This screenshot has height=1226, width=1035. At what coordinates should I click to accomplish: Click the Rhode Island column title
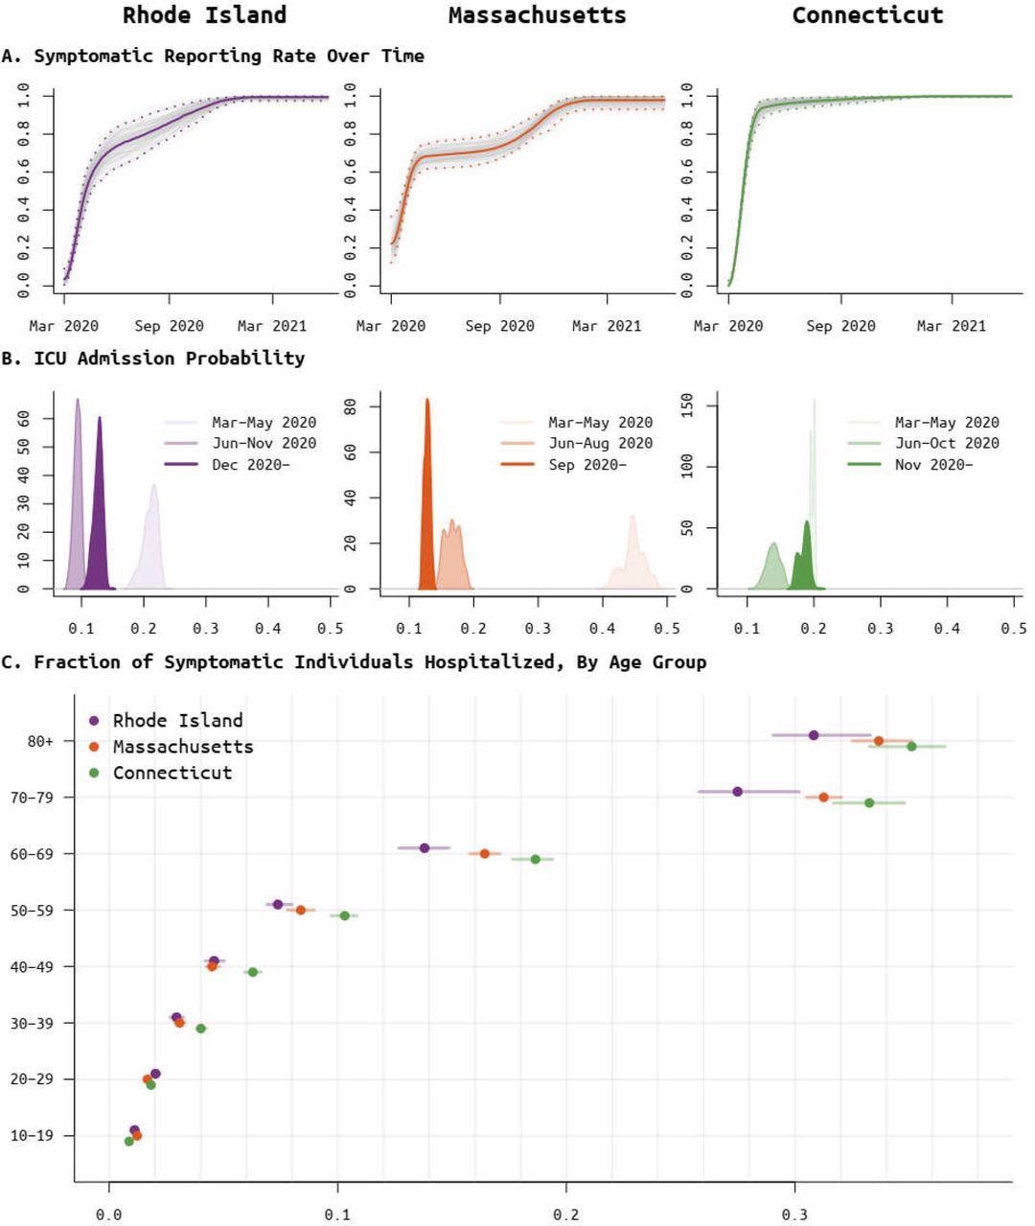[204, 15]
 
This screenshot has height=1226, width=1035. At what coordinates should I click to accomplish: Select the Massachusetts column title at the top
[537, 15]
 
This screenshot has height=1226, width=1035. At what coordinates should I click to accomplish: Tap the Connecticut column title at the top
[867, 15]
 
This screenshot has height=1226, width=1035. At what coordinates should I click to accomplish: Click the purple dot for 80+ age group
[814, 735]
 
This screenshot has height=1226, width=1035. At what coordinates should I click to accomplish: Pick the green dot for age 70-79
[869, 802]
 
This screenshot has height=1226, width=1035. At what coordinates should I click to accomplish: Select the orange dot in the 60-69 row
[485, 853]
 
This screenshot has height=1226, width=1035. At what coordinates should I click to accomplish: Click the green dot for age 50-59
[345, 915]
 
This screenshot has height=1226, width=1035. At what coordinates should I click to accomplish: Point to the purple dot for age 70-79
[737, 791]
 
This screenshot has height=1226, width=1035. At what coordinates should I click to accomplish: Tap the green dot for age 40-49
[253, 972]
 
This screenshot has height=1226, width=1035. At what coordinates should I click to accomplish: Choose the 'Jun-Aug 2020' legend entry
[600, 443]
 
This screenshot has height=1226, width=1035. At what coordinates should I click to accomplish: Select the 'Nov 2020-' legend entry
[932, 464]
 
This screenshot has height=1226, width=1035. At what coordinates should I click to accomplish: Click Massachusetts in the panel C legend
[182, 746]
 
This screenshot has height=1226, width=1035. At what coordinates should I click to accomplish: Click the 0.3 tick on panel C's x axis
[794, 1214]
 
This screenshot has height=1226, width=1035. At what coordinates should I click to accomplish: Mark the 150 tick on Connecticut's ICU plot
[685, 406]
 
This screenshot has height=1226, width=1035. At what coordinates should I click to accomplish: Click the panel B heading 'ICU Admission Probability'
[169, 358]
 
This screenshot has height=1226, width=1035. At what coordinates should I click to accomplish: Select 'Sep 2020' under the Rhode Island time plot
[169, 326]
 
